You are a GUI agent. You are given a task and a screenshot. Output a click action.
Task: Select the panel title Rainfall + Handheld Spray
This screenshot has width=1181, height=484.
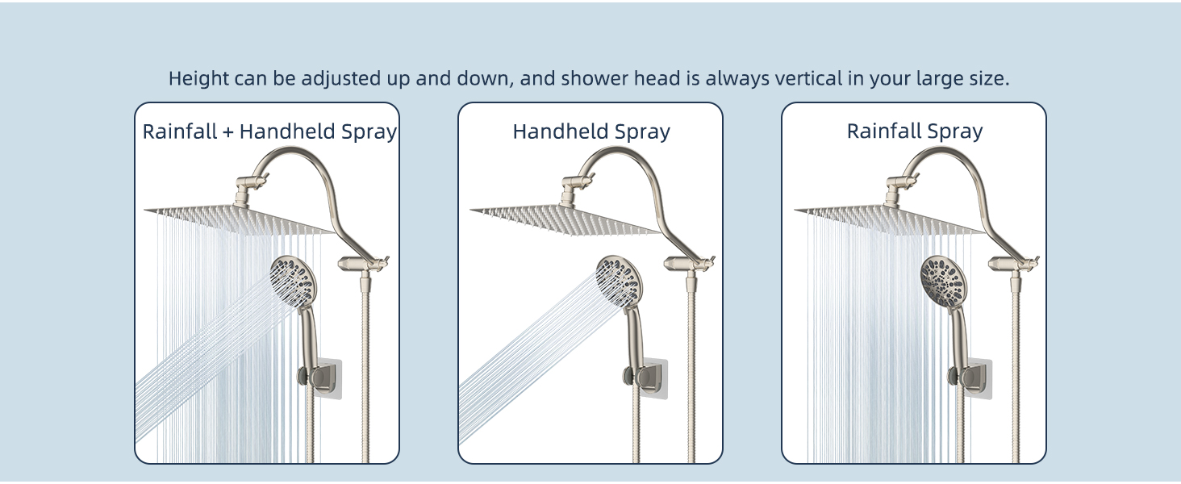[269, 131]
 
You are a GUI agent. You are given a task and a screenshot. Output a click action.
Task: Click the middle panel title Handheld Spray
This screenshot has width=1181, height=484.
[591, 131]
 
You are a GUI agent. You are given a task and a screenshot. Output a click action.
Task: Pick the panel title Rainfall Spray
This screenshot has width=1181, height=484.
[914, 131]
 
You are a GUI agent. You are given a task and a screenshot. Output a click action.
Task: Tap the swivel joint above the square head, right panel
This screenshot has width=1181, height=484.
[893, 191]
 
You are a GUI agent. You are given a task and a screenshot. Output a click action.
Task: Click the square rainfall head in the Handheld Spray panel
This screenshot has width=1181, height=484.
[565, 219]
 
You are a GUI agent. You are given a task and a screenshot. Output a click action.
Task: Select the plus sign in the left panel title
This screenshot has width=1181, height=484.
[228, 132]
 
